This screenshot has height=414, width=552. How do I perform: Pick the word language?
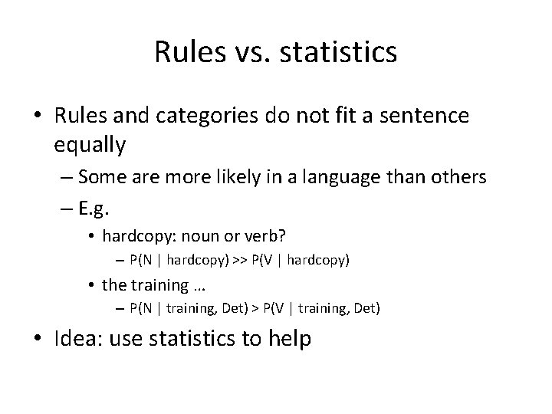(x=339, y=177)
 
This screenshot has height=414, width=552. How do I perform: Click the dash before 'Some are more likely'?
(x=66, y=177)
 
